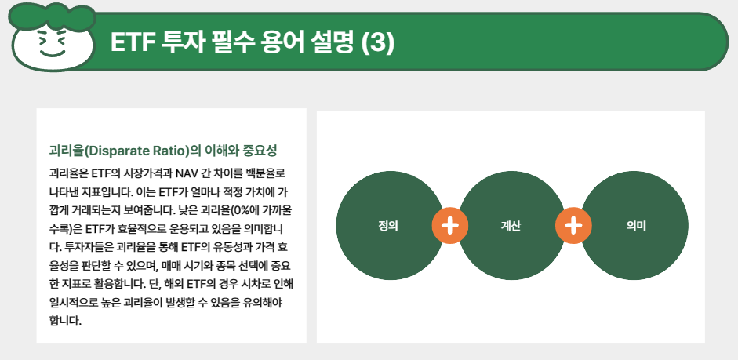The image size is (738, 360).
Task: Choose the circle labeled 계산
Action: coord(511,226)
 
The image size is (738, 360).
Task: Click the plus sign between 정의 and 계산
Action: coord(449,226)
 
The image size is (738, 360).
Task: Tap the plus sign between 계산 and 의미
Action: coord(573,226)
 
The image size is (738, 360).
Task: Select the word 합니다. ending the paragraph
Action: coord(65,321)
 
